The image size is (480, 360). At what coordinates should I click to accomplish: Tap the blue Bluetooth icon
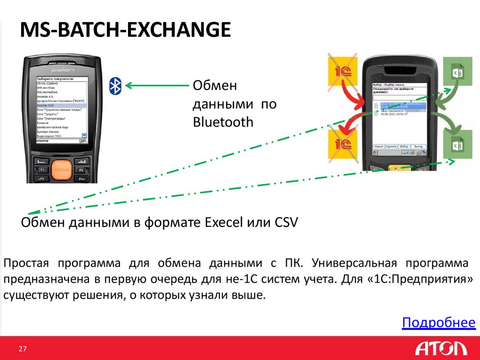(115, 85)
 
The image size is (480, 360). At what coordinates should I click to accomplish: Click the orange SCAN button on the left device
(61, 169)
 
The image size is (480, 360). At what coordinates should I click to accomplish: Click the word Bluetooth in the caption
(223, 122)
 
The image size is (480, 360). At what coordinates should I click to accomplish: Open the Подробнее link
(439, 322)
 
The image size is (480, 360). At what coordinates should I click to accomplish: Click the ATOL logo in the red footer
(441, 349)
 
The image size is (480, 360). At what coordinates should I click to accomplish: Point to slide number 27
(22, 349)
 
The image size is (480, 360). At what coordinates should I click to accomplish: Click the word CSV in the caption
(284, 221)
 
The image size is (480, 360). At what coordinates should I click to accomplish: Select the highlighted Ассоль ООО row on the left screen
(61, 106)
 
